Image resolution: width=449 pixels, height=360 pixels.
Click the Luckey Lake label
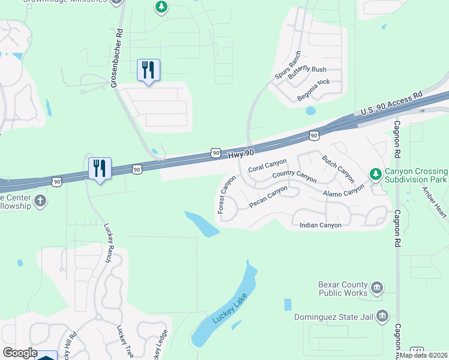click(228, 308)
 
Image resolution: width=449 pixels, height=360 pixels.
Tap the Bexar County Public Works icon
click(377, 288)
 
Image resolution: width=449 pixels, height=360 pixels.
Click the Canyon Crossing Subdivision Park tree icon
click(376, 175)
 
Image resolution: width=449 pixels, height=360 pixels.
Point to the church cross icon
click(40, 200)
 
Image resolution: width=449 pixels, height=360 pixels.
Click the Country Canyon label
click(294, 176)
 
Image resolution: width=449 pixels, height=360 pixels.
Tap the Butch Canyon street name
click(338, 169)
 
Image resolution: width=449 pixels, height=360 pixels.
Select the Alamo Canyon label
click(343, 190)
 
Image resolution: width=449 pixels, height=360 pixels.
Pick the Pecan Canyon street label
click(268, 197)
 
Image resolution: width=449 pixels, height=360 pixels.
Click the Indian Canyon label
click(321, 225)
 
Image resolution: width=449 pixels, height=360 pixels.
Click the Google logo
click(20, 353)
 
